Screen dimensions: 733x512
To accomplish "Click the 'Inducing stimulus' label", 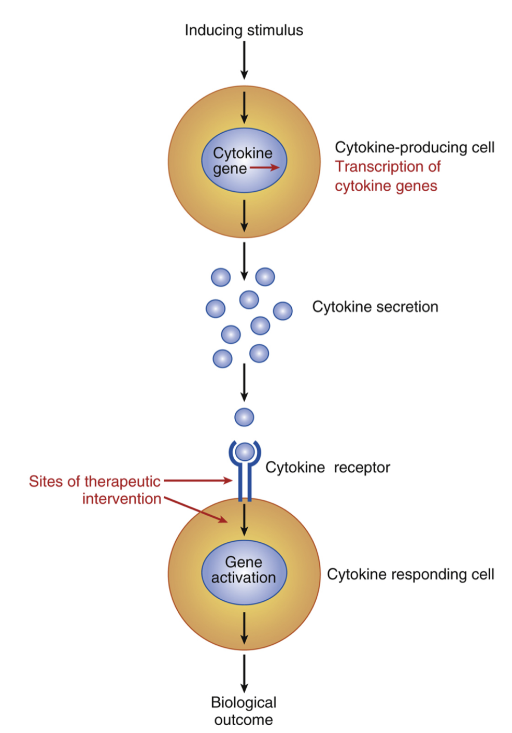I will point(244,31).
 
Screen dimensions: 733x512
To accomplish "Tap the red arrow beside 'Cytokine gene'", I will point(265,167).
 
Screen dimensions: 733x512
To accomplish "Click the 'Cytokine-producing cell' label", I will point(414,148).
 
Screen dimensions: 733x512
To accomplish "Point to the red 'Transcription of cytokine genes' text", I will point(387,176).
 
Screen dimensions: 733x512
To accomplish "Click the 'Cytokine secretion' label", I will point(375,307).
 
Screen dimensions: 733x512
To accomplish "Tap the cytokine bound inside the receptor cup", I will point(245,452).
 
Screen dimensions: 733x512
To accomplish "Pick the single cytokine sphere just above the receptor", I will point(244,417).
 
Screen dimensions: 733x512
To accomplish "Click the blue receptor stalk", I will point(245,485).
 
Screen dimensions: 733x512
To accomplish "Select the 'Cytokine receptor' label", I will point(328,468).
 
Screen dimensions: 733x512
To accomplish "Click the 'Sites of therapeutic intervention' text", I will point(95,490).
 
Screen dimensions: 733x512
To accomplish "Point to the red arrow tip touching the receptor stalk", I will point(230,481).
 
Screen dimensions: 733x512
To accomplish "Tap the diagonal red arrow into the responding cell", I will point(197,510).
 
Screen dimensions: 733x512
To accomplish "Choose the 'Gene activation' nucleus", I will point(244,570).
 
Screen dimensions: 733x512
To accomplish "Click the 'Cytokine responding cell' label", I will point(410,574).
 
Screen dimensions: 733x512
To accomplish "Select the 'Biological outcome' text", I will point(244,711).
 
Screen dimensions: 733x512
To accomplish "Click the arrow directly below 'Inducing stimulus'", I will point(244,60).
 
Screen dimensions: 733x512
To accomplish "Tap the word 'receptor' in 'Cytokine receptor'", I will point(362,468).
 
